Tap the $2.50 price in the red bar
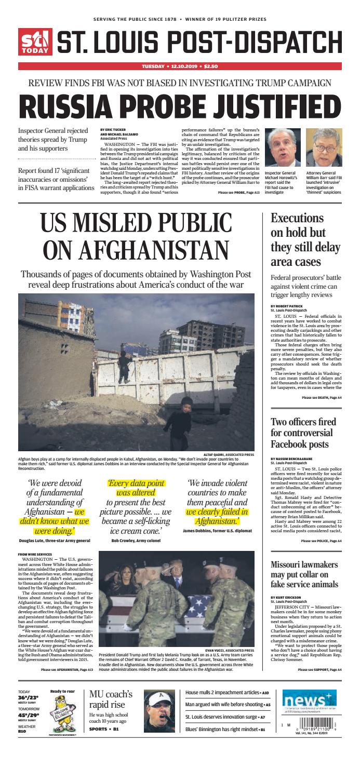tap(211, 66)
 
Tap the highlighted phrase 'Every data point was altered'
tap(137, 488)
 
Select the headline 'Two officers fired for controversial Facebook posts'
tap(303, 434)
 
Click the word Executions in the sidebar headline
tap(297, 218)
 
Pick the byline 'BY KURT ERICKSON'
tap(286, 598)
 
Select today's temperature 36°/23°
tap(28, 698)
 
